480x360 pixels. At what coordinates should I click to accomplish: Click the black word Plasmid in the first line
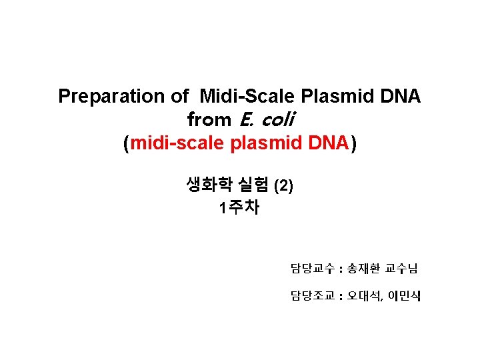tap(333, 97)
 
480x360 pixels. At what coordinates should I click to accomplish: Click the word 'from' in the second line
tap(207, 120)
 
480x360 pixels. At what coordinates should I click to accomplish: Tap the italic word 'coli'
tap(275, 120)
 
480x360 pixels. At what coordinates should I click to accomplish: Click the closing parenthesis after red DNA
tap(353, 143)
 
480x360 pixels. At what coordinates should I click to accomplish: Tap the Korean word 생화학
tap(206, 185)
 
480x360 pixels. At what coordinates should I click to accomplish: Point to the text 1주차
tap(239, 208)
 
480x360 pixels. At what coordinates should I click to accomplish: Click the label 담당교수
tap(313, 269)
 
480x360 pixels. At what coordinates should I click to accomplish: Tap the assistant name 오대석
tap(365, 295)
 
